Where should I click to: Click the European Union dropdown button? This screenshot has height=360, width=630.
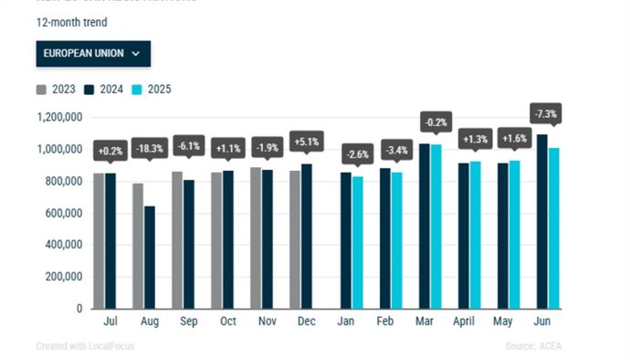click(x=93, y=53)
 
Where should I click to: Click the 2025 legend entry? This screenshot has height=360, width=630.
click(x=152, y=90)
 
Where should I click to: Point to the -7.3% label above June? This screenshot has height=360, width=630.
click(x=546, y=114)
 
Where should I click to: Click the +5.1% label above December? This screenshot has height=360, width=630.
click(x=306, y=142)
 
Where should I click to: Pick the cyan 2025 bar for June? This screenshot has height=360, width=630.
click(x=553, y=228)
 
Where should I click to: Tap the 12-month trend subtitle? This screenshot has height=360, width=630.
click(x=70, y=20)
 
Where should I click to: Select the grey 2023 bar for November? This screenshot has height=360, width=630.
click(x=256, y=238)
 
